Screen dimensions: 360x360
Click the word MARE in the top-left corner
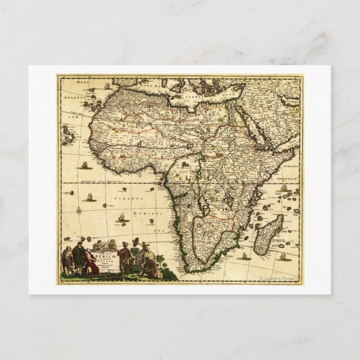pos(83,82)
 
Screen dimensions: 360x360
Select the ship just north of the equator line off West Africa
pos(84,165)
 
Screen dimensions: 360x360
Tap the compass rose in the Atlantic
pos(79,211)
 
